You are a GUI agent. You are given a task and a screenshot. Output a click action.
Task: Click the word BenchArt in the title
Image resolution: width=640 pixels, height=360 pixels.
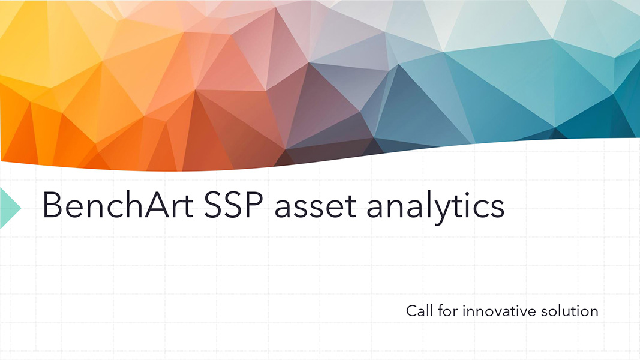118,205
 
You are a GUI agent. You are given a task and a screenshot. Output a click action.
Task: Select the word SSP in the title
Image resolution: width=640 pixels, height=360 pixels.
233,205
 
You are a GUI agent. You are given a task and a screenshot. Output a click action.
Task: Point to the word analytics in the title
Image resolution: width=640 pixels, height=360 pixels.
435,208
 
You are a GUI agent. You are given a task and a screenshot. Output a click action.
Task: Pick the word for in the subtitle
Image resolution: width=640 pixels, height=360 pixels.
447,311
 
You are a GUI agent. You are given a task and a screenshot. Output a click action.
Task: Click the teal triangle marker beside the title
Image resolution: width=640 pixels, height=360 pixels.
8,208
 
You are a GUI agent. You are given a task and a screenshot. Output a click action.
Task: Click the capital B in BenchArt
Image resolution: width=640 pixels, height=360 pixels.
52,205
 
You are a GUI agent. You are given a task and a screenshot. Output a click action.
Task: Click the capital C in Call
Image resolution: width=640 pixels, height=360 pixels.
412,311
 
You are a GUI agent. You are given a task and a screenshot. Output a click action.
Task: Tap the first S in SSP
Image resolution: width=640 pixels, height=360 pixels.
213,205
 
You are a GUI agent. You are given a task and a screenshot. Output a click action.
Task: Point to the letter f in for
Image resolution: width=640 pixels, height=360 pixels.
441,311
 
